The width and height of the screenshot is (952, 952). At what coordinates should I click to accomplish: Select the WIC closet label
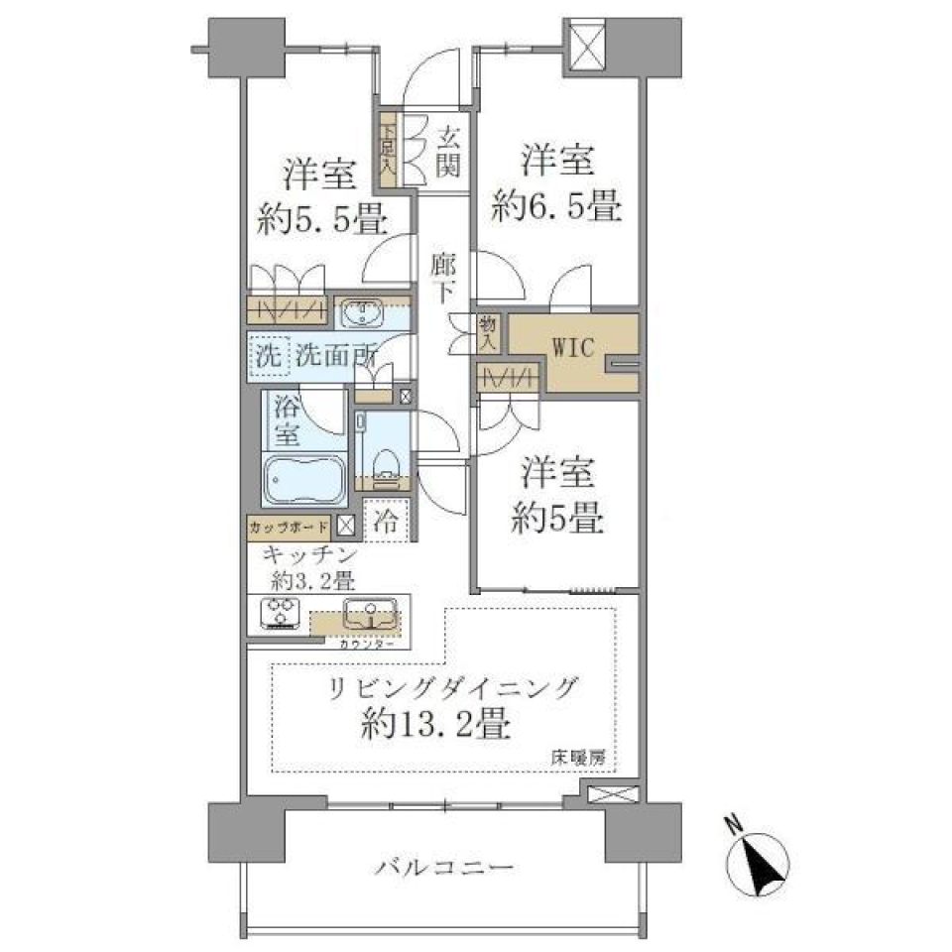click(x=572, y=349)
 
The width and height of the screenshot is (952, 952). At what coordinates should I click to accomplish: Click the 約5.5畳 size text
click(x=322, y=220)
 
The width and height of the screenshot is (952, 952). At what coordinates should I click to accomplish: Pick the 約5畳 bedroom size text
click(x=558, y=520)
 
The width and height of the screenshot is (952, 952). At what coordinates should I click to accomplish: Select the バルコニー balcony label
click(x=444, y=868)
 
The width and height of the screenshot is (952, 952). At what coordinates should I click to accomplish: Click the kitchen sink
click(x=369, y=615)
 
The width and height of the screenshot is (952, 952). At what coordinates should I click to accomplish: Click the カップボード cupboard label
click(x=290, y=526)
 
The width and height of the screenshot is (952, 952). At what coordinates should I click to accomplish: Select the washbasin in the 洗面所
click(x=363, y=314)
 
